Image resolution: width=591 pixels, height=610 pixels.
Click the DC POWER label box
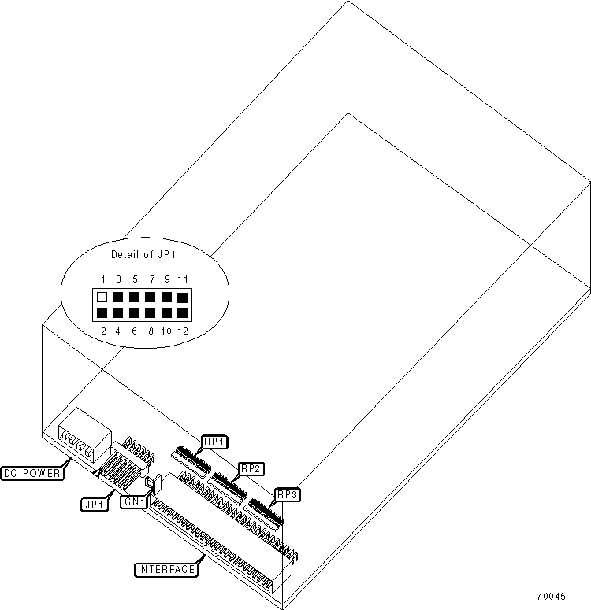(x=34, y=472)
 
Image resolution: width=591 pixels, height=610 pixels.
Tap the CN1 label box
(x=132, y=501)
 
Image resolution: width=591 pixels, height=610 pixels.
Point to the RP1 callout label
(x=214, y=442)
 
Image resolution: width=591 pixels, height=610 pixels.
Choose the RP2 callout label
(x=251, y=468)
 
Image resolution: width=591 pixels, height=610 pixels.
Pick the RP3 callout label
(x=286, y=494)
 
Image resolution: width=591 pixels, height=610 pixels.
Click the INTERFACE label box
(x=165, y=568)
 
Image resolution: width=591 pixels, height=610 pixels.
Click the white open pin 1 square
(x=102, y=298)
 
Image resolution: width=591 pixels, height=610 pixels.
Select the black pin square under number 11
(x=184, y=298)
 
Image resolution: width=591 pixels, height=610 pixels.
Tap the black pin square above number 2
(x=102, y=313)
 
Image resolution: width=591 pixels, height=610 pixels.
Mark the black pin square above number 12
(x=184, y=313)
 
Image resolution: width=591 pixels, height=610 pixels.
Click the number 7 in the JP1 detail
(x=151, y=279)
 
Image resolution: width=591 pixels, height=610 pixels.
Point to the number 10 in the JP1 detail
(x=166, y=331)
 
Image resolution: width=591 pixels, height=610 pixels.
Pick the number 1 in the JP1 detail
(x=102, y=279)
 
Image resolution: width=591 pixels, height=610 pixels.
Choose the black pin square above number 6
(x=135, y=313)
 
